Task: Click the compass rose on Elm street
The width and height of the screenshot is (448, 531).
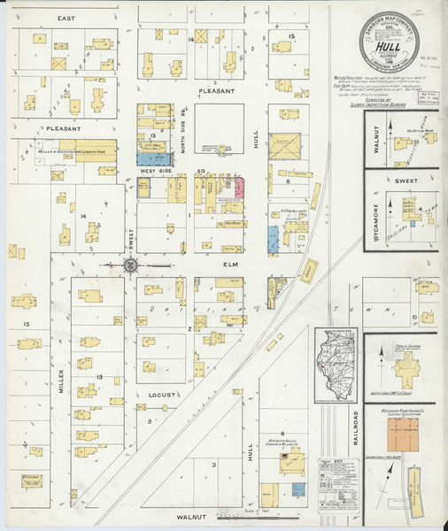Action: pyautogui.click(x=130, y=264)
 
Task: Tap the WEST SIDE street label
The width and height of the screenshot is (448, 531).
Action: pyautogui.click(x=158, y=172)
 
